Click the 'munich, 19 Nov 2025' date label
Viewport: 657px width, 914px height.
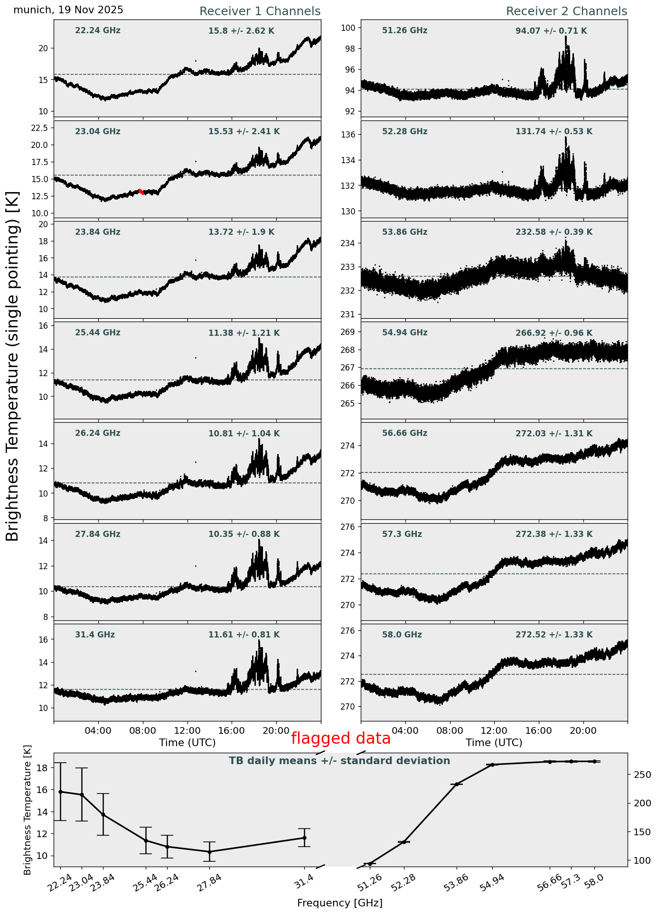coord(68,10)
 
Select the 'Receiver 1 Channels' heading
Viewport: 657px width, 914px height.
coord(260,11)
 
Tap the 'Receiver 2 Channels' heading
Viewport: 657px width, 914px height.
coord(566,11)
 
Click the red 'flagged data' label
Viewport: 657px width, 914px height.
coord(340,739)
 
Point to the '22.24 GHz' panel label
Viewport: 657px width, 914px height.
coord(98,31)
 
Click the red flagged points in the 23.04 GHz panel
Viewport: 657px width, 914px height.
coord(141,191)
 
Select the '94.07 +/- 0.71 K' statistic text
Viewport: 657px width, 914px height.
coord(551,31)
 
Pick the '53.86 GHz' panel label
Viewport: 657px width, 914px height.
coord(404,232)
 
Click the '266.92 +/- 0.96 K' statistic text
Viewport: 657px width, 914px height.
coord(554,333)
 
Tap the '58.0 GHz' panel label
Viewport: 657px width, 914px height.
coord(402,635)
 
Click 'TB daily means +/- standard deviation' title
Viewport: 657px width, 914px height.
coord(339,761)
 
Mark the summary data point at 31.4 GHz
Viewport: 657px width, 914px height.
coord(304,838)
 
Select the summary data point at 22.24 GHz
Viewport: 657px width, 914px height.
coord(60,792)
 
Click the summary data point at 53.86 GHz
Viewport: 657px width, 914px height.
coord(457,784)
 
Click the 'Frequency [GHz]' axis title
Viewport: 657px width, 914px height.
coord(339,903)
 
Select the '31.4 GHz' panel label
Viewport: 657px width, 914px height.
coord(95,635)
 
